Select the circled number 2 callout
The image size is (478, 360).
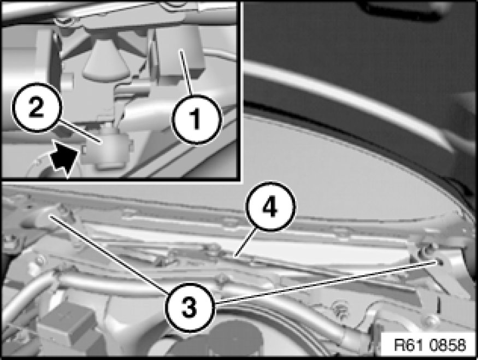point(37,108)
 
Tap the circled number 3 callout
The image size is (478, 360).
point(190,307)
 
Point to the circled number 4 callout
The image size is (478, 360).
point(271,206)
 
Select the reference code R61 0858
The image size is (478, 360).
point(430,345)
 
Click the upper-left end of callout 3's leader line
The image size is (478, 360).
point(51,216)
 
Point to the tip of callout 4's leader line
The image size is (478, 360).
point(235,256)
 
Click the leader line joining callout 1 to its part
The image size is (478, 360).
point(186,73)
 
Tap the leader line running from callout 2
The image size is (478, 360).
point(80,132)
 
